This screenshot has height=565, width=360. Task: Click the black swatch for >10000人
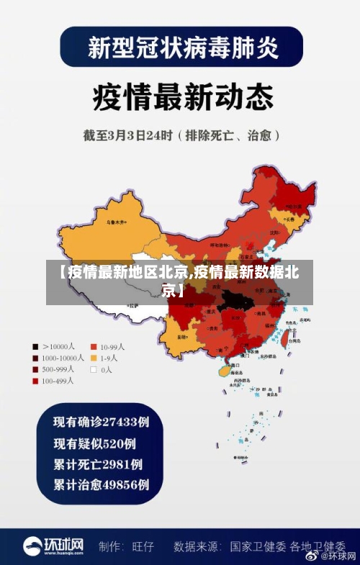pyautogui.click(x=35, y=345)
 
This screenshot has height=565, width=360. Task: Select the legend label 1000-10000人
pyautogui.click(x=63, y=358)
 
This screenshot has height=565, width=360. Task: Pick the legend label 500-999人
pyautogui.click(x=60, y=369)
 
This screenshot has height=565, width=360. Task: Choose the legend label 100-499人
pyautogui.click(x=60, y=381)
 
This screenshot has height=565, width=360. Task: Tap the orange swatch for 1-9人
pyautogui.click(x=93, y=358)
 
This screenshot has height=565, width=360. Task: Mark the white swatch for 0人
pyautogui.click(x=93, y=369)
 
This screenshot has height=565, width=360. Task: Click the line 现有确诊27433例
pyautogui.click(x=102, y=421)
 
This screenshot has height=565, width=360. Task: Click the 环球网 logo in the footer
pyautogui.click(x=53, y=546)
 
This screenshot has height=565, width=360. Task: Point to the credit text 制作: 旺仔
pyautogui.click(x=126, y=546)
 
